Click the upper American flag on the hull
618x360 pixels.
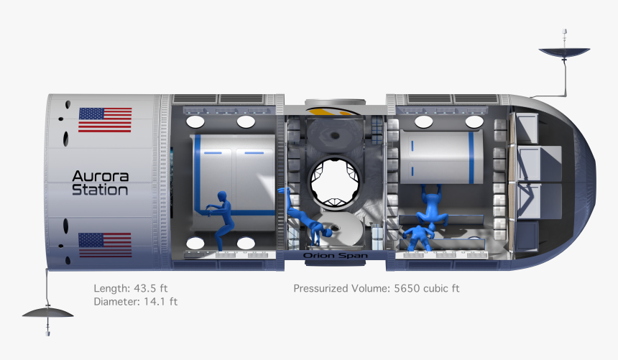tap(105, 120)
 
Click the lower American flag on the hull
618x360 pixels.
tap(105, 244)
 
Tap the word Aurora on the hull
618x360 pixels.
tap(100, 176)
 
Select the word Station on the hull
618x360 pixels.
tap(100, 190)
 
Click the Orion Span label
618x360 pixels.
tap(330, 255)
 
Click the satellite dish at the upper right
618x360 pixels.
tap(564, 51)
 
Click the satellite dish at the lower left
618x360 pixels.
tap(48, 313)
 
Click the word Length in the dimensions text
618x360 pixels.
tap(111, 288)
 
